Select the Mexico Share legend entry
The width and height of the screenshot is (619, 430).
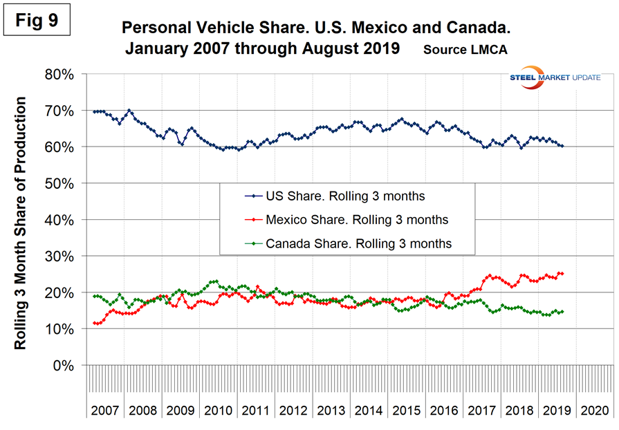click(339, 220)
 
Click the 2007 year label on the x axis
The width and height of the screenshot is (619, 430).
click(106, 410)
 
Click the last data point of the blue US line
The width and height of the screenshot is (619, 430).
click(562, 146)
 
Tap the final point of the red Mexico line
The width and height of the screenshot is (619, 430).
click(562, 274)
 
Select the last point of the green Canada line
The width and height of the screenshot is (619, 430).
click(562, 312)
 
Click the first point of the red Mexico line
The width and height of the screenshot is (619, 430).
click(94, 323)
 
